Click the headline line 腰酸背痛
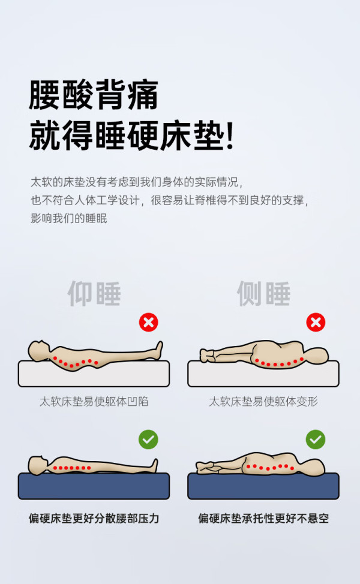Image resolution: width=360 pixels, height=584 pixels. click(x=94, y=95)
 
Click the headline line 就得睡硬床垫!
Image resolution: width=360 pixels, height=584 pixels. click(x=131, y=136)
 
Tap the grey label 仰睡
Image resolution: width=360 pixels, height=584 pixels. click(x=94, y=293)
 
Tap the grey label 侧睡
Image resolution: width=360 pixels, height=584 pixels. click(x=263, y=293)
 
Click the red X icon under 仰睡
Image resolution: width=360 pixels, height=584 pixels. click(x=148, y=322)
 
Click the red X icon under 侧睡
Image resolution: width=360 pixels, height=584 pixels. click(x=316, y=322)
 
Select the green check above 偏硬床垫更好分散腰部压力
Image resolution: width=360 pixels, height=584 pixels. click(x=148, y=439)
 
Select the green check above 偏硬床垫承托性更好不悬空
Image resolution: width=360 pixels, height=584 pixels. click(x=316, y=439)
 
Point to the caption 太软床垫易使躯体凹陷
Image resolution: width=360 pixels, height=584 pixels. click(x=94, y=402)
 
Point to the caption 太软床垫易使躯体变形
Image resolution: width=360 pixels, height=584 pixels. click(x=263, y=402)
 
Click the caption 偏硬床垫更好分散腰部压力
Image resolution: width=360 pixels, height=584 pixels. click(x=94, y=519)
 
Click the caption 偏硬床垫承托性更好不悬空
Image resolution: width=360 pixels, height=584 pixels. click(x=263, y=519)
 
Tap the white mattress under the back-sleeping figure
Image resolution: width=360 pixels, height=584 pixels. click(x=94, y=375)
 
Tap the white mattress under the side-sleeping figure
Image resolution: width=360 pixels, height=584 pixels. click(x=263, y=375)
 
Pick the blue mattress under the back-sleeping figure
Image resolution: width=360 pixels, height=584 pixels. click(x=94, y=486)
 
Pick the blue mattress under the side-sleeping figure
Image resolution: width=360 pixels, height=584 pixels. click(x=263, y=486)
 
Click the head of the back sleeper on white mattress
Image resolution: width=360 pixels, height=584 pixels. click(x=39, y=351)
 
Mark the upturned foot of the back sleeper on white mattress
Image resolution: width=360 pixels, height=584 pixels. click(x=159, y=350)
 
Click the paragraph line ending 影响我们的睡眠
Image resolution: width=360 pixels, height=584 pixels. click(x=68, y=218)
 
